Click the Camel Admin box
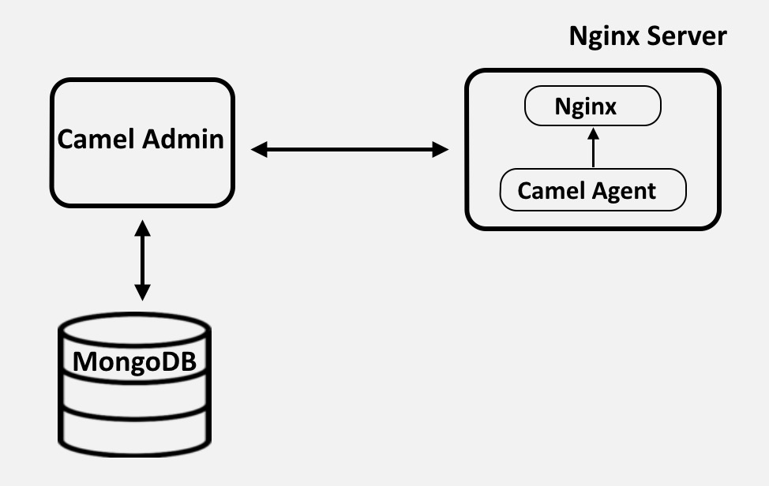click(x=142, y=174)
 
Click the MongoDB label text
click(x=134, y=361)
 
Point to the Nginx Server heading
click(x=647, y=36)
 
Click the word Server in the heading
click(x=688, y=36)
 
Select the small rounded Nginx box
click(x=592, y=106)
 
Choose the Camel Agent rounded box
click(x=593, y=191)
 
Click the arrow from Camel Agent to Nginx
click(x=593, y=150)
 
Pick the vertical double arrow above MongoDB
click(x=142, y=260)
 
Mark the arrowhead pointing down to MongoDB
click(x=142, y=293)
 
